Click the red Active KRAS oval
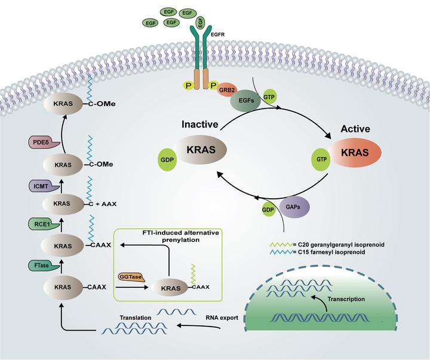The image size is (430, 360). click(355, 152)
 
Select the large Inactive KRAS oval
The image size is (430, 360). click(201, 150)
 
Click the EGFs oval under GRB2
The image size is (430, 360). click(246, 101)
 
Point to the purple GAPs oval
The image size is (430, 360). click(294, 207)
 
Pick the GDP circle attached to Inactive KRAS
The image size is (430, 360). click(167, 159)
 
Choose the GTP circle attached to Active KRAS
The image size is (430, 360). click(321, 159)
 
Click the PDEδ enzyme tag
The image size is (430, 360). click(44, 142)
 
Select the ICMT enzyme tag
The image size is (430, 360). click(44, 186)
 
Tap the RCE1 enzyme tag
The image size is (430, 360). click(44, 224)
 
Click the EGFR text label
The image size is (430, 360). click(218, 35)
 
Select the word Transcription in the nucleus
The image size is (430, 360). click(346, 299)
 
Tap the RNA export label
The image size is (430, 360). click(222, 318)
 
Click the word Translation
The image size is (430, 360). click(136, 318)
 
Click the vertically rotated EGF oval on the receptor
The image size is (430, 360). click(201, 22)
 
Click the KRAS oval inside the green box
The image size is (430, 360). click(171, 288)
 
